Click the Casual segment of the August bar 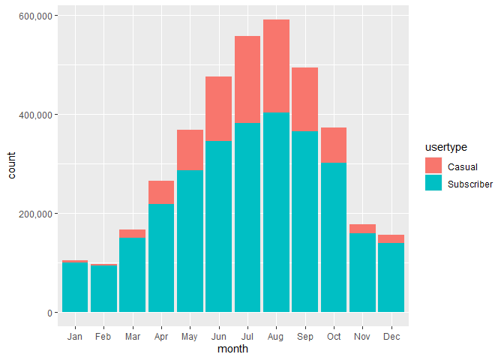(x=276, y=66)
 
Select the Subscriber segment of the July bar (x=247, y=217)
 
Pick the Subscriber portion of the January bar (x=75, y=286)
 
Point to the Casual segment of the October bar (x=334, y=145)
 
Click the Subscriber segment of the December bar (x=391, y=277)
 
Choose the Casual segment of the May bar (x=190, y=150)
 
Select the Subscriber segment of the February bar (x=103, y=289)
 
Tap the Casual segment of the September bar (x=305, y=99)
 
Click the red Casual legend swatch (x=433, y=165)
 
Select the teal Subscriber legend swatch (x=433, y=183)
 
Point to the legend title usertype (x=444, y=148)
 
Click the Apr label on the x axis (x=161, y=337)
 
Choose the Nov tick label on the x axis (x=363, y=337)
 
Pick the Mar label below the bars (x=132, y=337)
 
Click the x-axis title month (x=232, y=349)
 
